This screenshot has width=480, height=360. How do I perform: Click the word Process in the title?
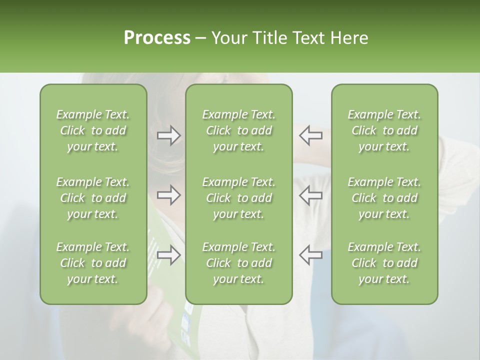(x=157, y=38)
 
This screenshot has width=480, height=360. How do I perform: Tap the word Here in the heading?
(x=349, y=38)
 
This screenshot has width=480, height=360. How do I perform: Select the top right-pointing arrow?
(x=169, y=135)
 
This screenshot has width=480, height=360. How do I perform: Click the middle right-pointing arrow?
(x=169, y=194)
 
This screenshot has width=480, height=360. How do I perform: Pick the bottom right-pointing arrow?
(x=169, y=254)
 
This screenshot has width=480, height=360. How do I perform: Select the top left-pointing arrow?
(x=311, y=135)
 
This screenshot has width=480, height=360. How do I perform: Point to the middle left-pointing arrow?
(x=311, y=194)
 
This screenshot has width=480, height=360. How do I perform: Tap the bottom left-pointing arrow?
(x=311, y=254)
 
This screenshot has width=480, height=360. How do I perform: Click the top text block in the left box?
(x=93, y=130)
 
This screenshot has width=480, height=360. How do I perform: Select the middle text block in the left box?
(x=93, y=198)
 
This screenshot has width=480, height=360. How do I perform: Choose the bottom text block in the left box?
(x=93, y=263)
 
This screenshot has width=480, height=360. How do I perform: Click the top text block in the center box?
(x=238, y=130)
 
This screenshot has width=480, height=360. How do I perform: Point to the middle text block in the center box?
(x=238, y=198)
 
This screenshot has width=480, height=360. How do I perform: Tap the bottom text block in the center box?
(x=238, y=263)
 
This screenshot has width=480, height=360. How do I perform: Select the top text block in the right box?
(x=384, y=130)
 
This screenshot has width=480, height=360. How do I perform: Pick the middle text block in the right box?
(x=384, y=198)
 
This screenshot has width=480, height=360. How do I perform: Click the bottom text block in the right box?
(x=384, y=263)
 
